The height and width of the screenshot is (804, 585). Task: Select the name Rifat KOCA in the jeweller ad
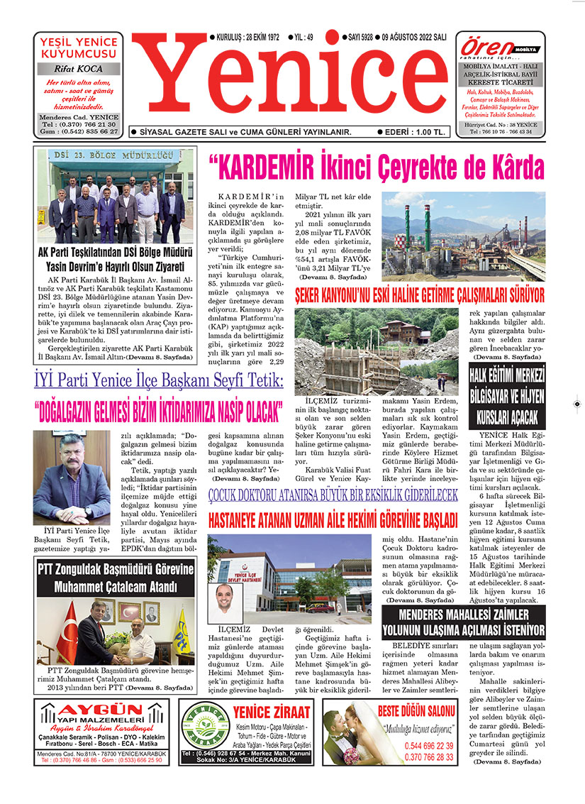78,69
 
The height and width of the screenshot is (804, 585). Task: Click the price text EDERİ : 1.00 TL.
415,132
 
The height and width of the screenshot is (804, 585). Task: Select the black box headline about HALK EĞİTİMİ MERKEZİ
506,395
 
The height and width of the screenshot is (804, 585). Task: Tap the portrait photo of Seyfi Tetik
72,476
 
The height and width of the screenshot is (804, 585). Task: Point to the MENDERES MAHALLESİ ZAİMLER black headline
462,622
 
